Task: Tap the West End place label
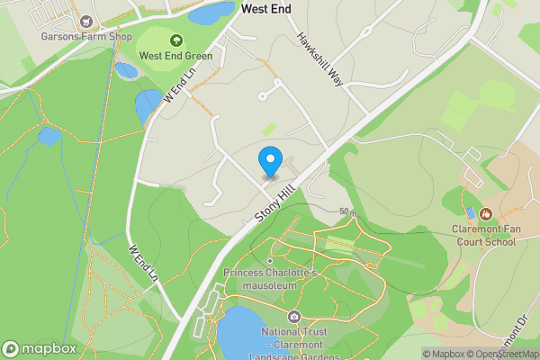coord(266,9)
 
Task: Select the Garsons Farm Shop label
coord(86,37)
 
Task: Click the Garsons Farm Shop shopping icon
coord(86,21)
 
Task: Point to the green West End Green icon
coord(175,40)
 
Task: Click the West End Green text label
coord(175,55)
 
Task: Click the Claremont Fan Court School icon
coord(485,214)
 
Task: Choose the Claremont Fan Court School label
coord(484,235)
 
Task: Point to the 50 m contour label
coord(348,212)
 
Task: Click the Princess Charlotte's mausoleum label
coord(271,279)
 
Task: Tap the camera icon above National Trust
coord(293,317)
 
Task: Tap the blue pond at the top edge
coord(211,13)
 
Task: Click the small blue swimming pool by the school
coord(471,212)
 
